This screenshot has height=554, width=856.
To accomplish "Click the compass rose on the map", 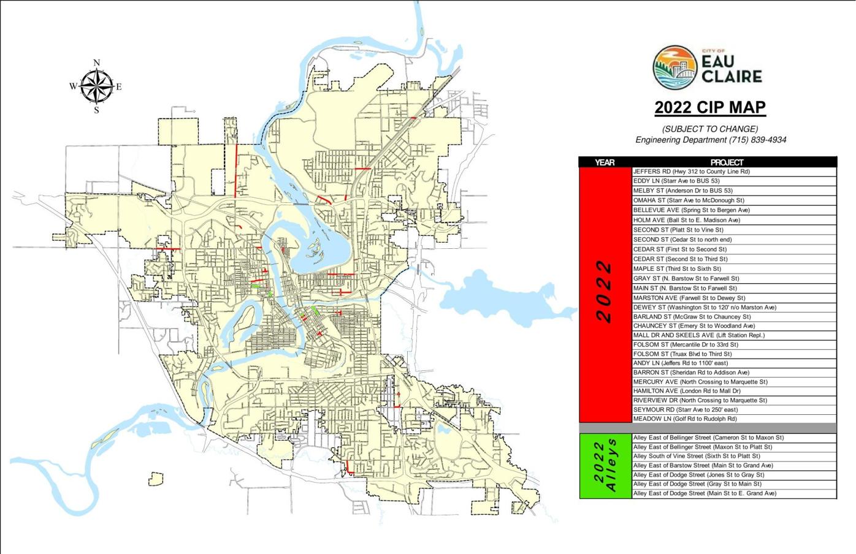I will pyautogui.click(x=96, y=86).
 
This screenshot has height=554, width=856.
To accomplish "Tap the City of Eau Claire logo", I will pyautogui.click(x=707, y=67).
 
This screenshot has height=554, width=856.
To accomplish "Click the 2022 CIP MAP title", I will pyautogui.click(x=710, y=108).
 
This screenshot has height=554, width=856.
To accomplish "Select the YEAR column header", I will pyautogui.click(x=605, y=162).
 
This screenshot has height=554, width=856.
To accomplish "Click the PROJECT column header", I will pyautogui.click(x=727, y=162).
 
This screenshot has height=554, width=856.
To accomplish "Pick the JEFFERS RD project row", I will pyautogui.click(x=691, y=172).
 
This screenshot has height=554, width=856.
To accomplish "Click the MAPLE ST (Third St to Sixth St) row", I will pyautogui.click(x=677, y=268).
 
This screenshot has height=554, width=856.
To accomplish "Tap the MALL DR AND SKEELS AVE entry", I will pyautogui.click(x=698, y=335).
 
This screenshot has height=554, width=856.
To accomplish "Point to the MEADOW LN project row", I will pyautogui.click(x=685, y=419).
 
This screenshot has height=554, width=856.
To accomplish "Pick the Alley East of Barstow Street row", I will pyautogui.click(x=703, y=465).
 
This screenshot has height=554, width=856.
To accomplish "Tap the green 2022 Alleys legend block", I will pyautogui.click(x=605, y=466).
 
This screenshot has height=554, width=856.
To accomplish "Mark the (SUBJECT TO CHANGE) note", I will pyautogui.click(x=710, y=129).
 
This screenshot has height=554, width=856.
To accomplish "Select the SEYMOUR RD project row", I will pyautogui.click(x=685, y=409).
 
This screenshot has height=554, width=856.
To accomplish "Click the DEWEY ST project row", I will pyautogui.click(x=705, y=307).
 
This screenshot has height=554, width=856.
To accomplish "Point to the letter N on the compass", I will pyautogui.click(x=96, y=63).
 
